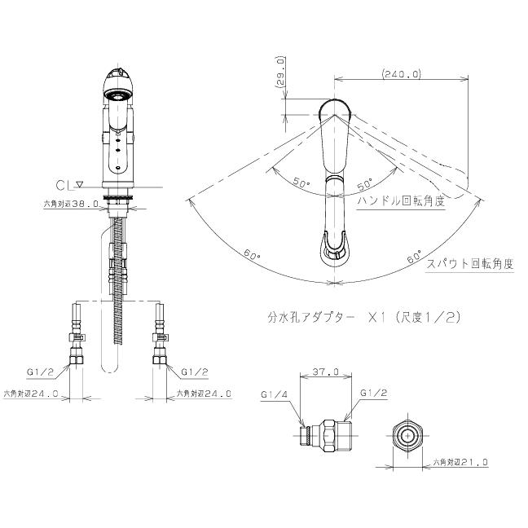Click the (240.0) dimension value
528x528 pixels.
click(400, 73)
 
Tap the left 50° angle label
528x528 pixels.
click(302, 184)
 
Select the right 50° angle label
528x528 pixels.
click(363, 184)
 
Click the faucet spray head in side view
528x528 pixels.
click(117, 90)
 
